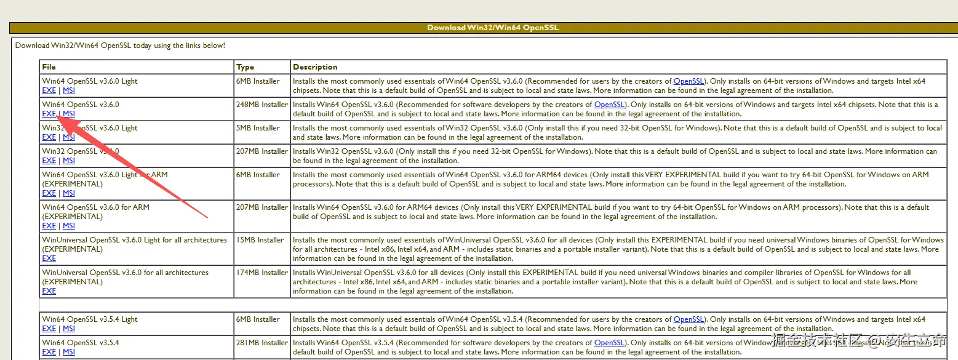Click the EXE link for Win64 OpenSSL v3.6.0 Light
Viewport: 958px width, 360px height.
pos(49,90)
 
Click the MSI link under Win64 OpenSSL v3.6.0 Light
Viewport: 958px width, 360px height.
pos(69,90)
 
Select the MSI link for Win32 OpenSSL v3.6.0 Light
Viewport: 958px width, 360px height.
pos(69,137)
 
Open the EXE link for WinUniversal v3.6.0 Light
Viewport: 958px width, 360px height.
pos(49,258)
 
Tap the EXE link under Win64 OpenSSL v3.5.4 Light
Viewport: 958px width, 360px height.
pos(49,329)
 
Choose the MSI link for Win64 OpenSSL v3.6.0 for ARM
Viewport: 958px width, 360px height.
pos(69,226)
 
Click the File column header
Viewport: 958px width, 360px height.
pos(49,66)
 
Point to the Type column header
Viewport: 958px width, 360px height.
pos(245,66)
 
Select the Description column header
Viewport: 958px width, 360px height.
pos(315,66)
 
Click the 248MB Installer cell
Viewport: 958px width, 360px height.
pos(261,105)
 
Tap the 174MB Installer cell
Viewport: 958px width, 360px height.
pos(261,273)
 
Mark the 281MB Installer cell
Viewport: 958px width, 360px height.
pos(261,343)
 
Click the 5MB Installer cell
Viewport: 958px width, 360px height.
pos(258,128)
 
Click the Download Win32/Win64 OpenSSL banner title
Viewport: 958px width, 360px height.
pos(493,28)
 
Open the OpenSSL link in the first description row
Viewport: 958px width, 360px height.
pos(689,81)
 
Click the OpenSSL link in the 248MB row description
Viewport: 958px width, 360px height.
pos(609,105)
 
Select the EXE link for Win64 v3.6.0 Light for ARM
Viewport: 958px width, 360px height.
pos(49,193)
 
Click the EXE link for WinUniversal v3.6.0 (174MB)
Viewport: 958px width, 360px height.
pos(49,291)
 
